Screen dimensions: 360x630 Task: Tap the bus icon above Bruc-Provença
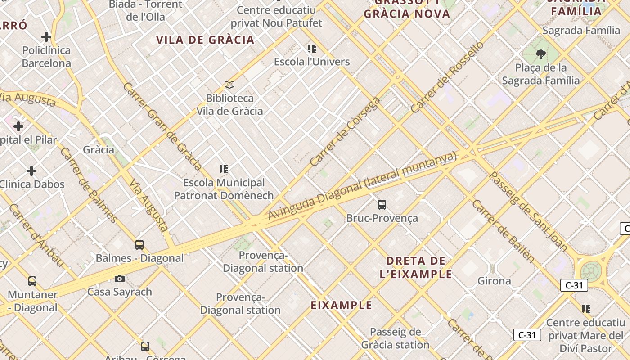(382, 205)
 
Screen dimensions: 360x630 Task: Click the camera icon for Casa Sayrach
(120, 279)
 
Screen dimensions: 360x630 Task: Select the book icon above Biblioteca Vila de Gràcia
(229, 85)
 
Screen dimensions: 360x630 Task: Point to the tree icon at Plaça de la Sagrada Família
(540, 54)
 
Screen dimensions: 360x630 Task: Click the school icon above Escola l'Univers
(312, 49)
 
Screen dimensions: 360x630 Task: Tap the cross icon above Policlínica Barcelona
(46, 37)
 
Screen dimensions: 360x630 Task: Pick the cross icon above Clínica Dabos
(31, 171)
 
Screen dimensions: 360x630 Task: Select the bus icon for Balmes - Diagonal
(139, 245)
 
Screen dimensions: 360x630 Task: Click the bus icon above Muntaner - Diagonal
(32, 281)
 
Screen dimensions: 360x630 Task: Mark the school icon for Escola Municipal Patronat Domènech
(224, 169)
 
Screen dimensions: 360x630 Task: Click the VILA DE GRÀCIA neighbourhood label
(206, 40)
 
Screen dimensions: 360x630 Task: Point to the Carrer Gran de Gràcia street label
(162, 126)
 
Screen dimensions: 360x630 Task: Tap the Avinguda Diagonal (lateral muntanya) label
(362, 185)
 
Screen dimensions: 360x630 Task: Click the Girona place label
(494, 281)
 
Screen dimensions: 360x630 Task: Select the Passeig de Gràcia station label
(396, 338)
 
